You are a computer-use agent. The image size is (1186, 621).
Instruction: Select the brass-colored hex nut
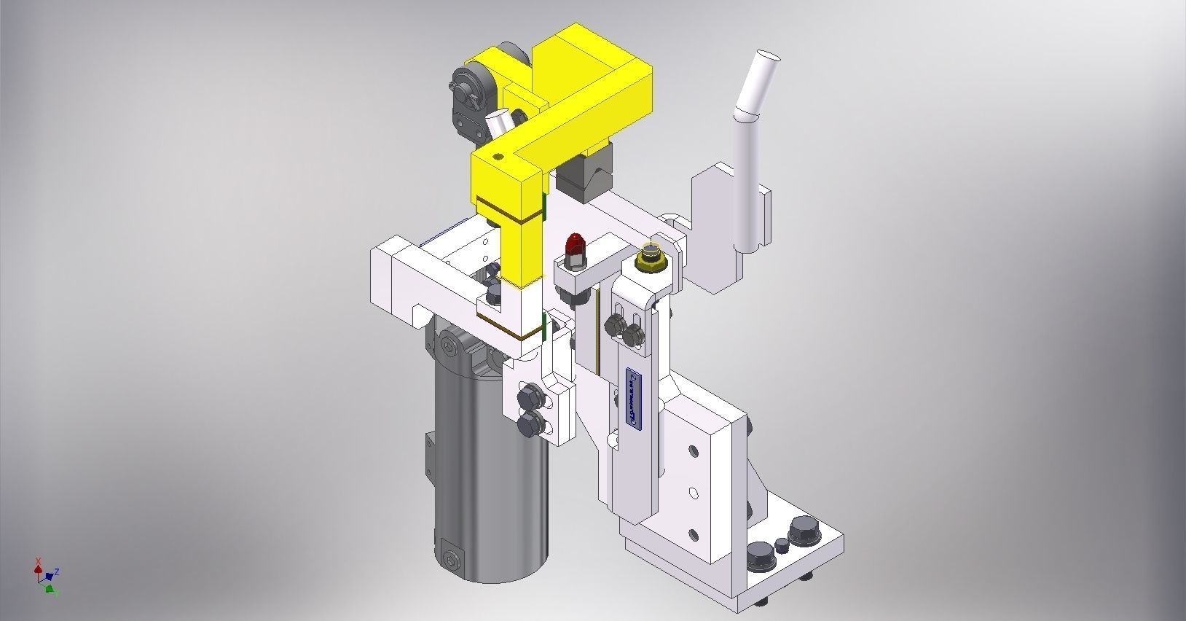click(648, 256)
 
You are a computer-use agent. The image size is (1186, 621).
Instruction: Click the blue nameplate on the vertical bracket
click(632, 399)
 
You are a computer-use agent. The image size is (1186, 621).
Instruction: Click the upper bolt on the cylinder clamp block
click(527, 399)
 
